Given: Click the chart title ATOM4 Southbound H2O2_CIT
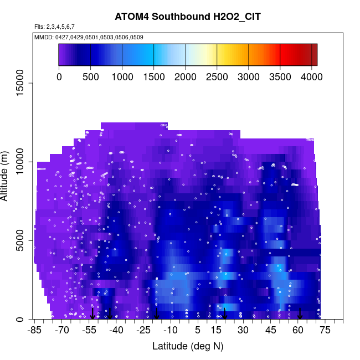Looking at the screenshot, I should coord(188,17).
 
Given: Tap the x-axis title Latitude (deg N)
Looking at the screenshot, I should coord(188,346).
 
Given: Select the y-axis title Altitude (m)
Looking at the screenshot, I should coord(8,175).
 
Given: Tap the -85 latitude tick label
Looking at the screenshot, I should coord(34,331).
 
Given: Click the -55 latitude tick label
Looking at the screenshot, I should coord(89,331).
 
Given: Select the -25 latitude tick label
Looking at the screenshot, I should coord(143,331).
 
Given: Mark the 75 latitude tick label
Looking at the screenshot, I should coord(325,331).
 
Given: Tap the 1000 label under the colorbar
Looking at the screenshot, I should coord(122,77).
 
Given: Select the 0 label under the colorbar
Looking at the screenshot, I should coord(59,77).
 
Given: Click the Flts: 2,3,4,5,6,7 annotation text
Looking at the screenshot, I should coord(54,27).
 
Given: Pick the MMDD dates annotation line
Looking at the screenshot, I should coord(89,37).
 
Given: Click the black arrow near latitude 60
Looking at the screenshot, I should coord(300,313).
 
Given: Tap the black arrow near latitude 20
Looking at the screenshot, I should coord(225,313).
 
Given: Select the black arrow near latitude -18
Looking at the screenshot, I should coord(156,313).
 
